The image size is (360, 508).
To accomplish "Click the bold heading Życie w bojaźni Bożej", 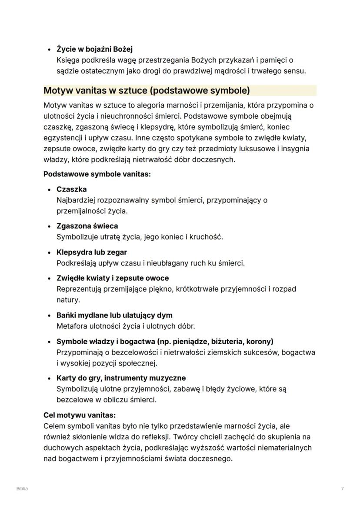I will pyautogui.click(x=94, y=49).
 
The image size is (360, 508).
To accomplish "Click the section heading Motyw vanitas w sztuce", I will pyautogui.click(x=147, y=91).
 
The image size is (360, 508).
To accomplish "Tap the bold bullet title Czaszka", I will pyautogui.click(x=71, y=189).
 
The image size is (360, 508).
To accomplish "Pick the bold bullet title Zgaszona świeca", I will pyautogui.click(x=87, y=226).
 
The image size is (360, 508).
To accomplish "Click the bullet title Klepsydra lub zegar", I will pyautogui.click(x=91, y=252).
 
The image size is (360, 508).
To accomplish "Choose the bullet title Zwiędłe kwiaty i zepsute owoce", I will pyautogui.click(x=113, y=278).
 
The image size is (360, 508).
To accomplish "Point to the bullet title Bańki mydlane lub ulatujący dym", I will pyautogui.click(x=114, y=315).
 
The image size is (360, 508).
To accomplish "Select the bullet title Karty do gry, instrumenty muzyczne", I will pyautogui.click(x=121, y=378).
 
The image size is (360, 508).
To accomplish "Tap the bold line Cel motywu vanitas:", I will pyautogui.click(x=80, y=415).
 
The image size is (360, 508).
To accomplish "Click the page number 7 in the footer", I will pyautogui.click(x=343, y=489).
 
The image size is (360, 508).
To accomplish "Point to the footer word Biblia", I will pyautogui.click(x=22, y=489).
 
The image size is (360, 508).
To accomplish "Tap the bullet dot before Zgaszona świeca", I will pyautogui.click(x=49, y=226).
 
